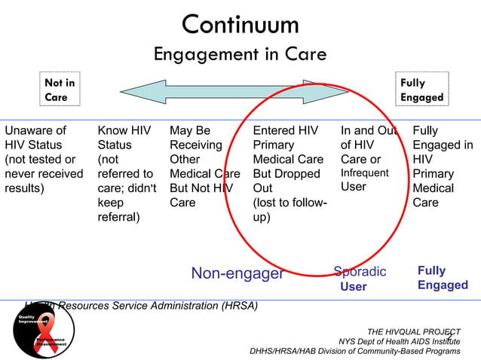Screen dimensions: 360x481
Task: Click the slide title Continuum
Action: tap(240, 24)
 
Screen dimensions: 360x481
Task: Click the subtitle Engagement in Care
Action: tap(240, 54)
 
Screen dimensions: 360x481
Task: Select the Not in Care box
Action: tap(59, 90)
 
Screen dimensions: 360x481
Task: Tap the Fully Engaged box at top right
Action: tap(422, 90)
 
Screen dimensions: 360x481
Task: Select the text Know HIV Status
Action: tap(124, 137)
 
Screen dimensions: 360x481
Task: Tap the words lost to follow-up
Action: tap(289, 209)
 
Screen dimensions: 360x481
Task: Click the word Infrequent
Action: tap(364, 173)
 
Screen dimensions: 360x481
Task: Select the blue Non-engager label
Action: tap(237, 273)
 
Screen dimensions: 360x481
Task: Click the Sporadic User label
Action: tap(359, 279)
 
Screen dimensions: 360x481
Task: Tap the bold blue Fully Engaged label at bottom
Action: tap(443, 277)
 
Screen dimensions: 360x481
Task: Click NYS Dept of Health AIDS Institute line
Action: tap(399, 341)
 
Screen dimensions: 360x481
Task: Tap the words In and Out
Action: tap(368, 130)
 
